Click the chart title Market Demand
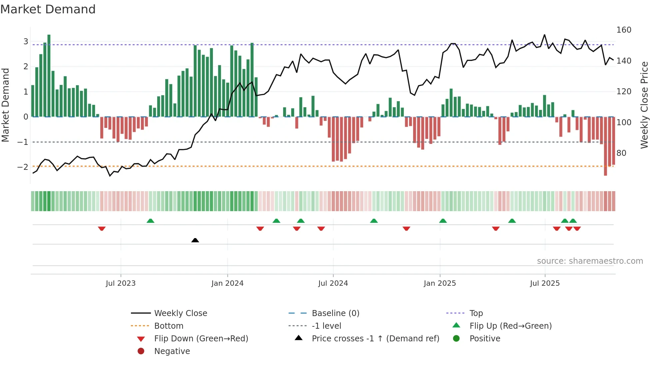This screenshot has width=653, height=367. click(x=48, y=9)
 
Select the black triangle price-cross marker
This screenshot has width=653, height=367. click(x=195, y=240)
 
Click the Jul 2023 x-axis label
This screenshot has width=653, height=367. click(x=121, y=283)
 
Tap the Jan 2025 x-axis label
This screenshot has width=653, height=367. click(x=440, y=283)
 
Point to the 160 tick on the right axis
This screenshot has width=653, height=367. click(x=624, y=30)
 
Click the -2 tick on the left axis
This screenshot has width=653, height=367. click(x=23, y=167)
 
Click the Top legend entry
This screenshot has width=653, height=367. click(x=476, y=313)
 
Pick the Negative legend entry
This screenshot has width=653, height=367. click(x=172, y=351)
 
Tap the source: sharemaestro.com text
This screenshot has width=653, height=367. click(x=590, y=261)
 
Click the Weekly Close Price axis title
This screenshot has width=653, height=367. click(x=644, y=105)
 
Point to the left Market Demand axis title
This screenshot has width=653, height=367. click(x=6, y=105)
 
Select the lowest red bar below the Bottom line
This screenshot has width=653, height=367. click(x=605, y=147)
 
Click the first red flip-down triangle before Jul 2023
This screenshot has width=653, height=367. click(x=102, y=228)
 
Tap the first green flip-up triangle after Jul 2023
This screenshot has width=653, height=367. click(x=150, y=221)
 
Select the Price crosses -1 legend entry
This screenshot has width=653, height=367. click(x=375, y=339)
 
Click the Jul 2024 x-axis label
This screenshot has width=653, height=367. click(x=333, y=283)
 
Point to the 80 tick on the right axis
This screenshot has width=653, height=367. click(x=621, y=153)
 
